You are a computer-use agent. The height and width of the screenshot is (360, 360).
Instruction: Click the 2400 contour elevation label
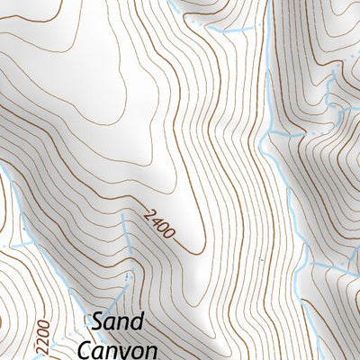pyautogui.click(x=158, y=227)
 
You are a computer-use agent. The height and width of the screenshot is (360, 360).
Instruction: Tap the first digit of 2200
pyautogui.click(x=40, y=351)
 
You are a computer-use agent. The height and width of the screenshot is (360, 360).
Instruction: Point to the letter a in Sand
pyautogui.click(x=112, y=324)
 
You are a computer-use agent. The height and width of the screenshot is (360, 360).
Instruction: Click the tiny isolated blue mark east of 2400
pyautogui.click(x=261, y=259)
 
